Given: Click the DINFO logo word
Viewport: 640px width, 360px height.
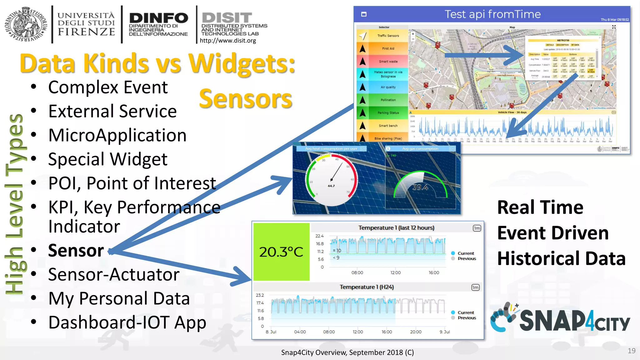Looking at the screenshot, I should (x=158, y=18).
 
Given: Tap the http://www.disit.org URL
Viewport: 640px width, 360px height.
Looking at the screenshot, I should (x=227, y=40).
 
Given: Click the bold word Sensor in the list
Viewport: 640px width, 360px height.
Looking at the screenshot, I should (x=76, y=251).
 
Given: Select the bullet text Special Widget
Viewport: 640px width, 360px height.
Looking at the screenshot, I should (x=108, y=159).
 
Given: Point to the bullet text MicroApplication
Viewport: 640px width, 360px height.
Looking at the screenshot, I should (x=117, y=135).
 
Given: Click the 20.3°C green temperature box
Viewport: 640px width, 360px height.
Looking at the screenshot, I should (x=281, y=252).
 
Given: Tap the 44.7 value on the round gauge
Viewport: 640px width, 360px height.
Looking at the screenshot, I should (x=331, y=186).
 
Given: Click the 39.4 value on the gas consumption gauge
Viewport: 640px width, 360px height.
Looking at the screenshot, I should (x=420, y=187).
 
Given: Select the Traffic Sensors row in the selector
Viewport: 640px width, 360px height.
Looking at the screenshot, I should (x=388, y=36).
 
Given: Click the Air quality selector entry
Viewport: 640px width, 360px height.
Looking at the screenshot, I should (x=388, y=87).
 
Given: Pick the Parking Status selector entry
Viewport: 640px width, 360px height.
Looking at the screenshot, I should (x=388, y=113).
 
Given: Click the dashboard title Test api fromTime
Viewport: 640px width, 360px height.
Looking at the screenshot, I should (x=492, y=14).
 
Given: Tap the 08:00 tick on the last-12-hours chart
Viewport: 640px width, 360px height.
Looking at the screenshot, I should (x=357, y=272).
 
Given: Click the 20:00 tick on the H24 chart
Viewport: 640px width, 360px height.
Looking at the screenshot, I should (x=416, y=332).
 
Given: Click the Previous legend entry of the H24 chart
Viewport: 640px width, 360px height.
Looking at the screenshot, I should (x=467, y=318).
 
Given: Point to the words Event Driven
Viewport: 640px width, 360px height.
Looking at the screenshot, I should (x=553, y=233).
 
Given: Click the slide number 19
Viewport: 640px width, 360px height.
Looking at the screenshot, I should (x=631, y=351).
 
